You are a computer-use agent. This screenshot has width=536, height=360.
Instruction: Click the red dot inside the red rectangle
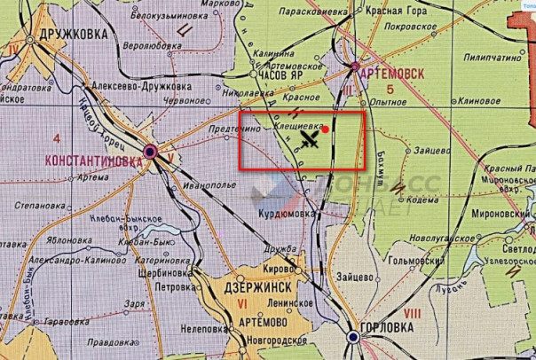click(x=326, y=129)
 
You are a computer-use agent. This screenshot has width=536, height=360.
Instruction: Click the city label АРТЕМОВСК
click(x=392, y=74)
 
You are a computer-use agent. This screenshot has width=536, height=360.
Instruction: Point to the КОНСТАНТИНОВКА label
click(x=92, y=162)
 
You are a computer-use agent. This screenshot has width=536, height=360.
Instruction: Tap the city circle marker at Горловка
click(x=355, y=338)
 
